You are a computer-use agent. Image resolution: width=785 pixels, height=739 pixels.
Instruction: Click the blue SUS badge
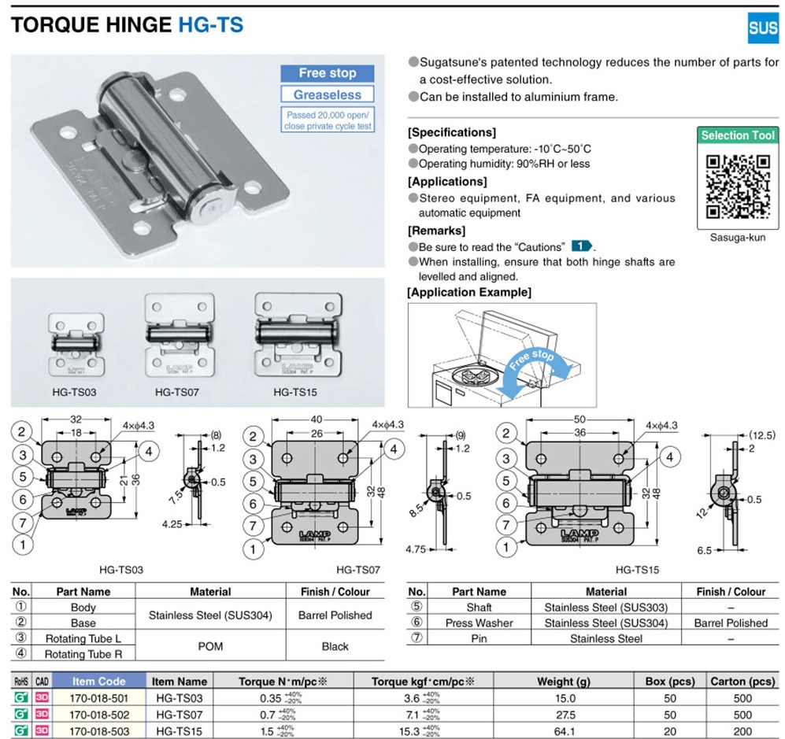pyautogui.click(x=761, y=29)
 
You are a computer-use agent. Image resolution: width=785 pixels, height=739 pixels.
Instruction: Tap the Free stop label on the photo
pyautogui.click(x=327, y=73)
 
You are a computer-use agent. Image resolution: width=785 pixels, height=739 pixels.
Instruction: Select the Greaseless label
pyautogui.click(x=327, y=94)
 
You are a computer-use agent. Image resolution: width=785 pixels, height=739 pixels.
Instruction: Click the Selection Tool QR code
pyautogui.click(x=737, y=186)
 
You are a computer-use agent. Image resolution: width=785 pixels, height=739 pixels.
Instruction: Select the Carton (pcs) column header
pyautogui.click(x=742, y=682)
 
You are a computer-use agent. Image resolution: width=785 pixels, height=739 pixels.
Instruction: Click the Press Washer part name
pyautogui.click(x=479, y=623)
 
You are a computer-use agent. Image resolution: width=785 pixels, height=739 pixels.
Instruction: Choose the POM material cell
pyautogui.click(x=210, y=646)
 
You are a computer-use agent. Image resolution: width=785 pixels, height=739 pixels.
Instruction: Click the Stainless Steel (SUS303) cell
pyautogui.click(x=606, y=607)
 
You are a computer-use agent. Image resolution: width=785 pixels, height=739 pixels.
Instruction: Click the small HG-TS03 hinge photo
pyautogui.click(x=76, y=343)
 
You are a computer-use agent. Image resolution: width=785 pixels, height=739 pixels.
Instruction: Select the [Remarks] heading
pyautogui.click(x=436, y=231)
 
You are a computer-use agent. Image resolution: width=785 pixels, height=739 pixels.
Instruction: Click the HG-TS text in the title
pyautogui.click(x=210, y=24)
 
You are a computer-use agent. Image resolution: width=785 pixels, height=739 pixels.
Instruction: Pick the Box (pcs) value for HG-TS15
pyautogui.click(x=669, y=731)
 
